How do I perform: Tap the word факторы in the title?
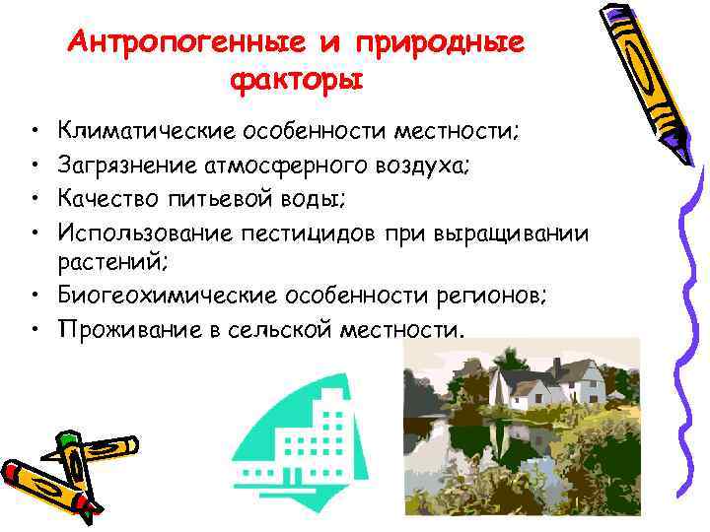point(298,78)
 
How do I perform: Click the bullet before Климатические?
point(34,130)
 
